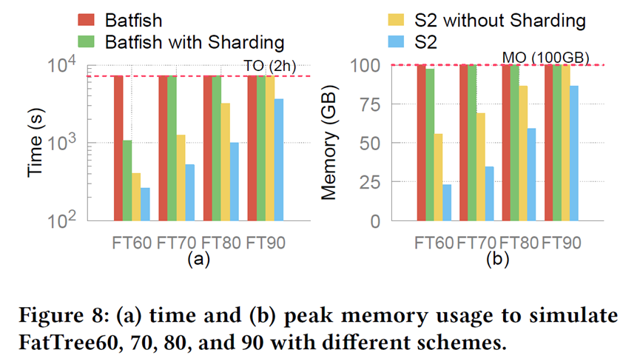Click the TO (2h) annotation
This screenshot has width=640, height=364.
click(269, 67)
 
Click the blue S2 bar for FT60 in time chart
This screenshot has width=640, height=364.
click(145, 204)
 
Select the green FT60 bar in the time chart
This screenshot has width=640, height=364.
click(127, 181)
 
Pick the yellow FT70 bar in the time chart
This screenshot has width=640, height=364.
click(181, 178)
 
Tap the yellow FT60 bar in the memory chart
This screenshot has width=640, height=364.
click(438, 177)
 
